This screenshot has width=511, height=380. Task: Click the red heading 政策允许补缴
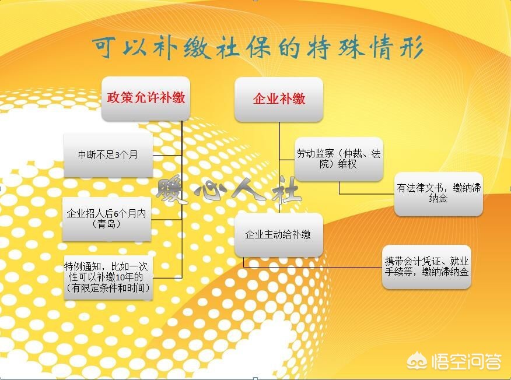pos(146,97)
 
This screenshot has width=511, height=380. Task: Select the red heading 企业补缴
pos(279,98)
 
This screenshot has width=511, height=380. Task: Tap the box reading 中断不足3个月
pos(108,154)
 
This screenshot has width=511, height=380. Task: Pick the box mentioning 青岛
pos(107,219)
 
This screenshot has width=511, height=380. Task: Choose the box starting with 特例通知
pos(108,277)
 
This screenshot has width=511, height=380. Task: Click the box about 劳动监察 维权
pos(338,159)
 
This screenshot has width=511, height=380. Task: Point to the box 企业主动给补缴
pos(279,235)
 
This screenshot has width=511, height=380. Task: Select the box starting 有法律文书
pos(438,193)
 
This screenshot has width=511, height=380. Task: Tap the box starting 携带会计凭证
pos(426,267)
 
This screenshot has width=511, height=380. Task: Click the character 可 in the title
pos(104,47)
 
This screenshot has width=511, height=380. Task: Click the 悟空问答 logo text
pos(466,362)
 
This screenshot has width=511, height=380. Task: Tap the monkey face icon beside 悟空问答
pos(418,361)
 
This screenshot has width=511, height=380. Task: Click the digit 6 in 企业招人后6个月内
pos(116,214)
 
